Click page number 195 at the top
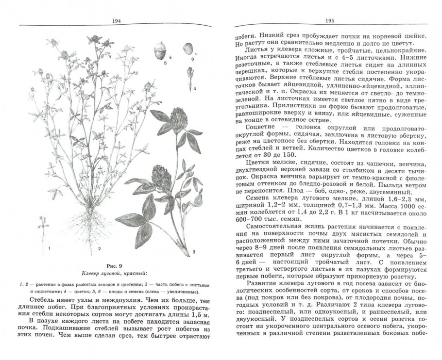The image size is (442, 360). tap(326, 20)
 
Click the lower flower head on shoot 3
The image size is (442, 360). tap(160, 174)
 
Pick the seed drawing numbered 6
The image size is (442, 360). tap(187, 49)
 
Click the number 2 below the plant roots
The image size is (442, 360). tap(99, 249)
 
